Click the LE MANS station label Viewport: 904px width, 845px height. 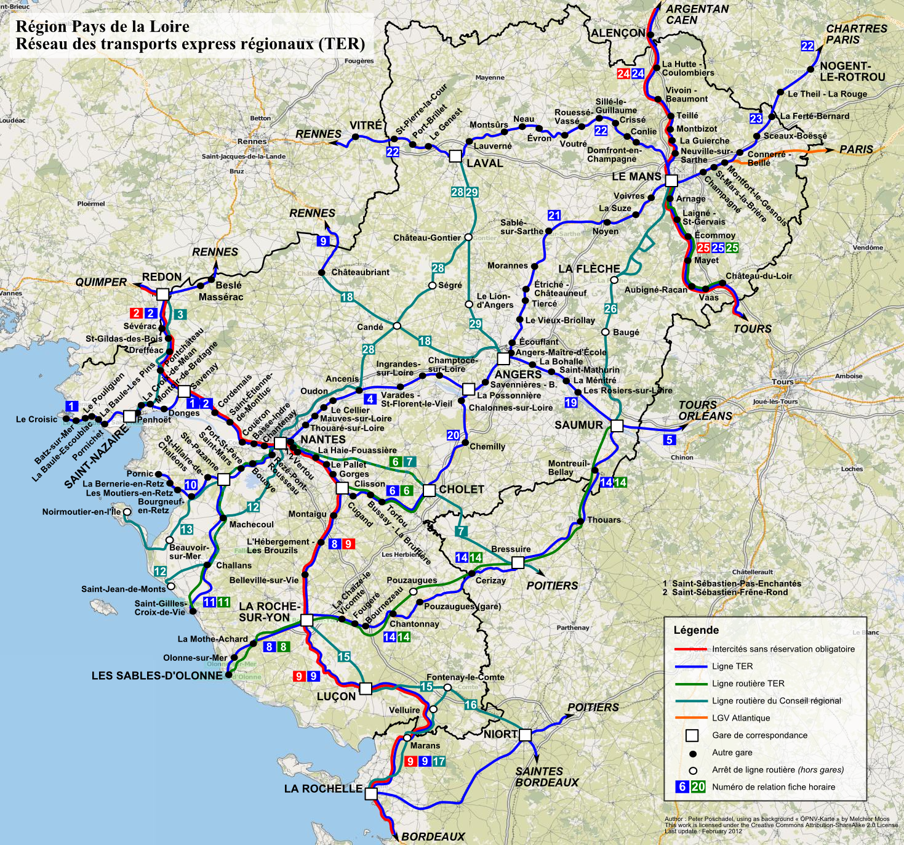636,177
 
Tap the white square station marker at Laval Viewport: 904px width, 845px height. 455,156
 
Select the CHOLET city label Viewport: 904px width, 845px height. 462,490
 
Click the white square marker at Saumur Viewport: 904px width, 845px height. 617,426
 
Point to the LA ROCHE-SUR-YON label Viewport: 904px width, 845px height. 269,612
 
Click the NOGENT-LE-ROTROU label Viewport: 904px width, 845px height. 852,71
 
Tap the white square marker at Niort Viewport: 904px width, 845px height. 525,735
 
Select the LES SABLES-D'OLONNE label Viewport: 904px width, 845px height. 157,676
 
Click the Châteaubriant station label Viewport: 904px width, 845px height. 360,272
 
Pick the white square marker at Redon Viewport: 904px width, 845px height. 162,294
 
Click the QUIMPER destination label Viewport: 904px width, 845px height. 101,282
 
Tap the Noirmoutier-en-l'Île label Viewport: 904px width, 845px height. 81,512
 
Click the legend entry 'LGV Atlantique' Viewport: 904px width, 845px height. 741,718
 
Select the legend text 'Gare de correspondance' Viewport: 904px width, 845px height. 759,735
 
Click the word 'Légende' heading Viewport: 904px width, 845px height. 696,630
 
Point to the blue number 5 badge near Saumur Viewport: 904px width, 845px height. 670,440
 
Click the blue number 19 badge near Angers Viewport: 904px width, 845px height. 571,403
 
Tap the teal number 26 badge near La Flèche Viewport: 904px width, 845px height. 610,309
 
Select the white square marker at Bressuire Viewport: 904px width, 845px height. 518,562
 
